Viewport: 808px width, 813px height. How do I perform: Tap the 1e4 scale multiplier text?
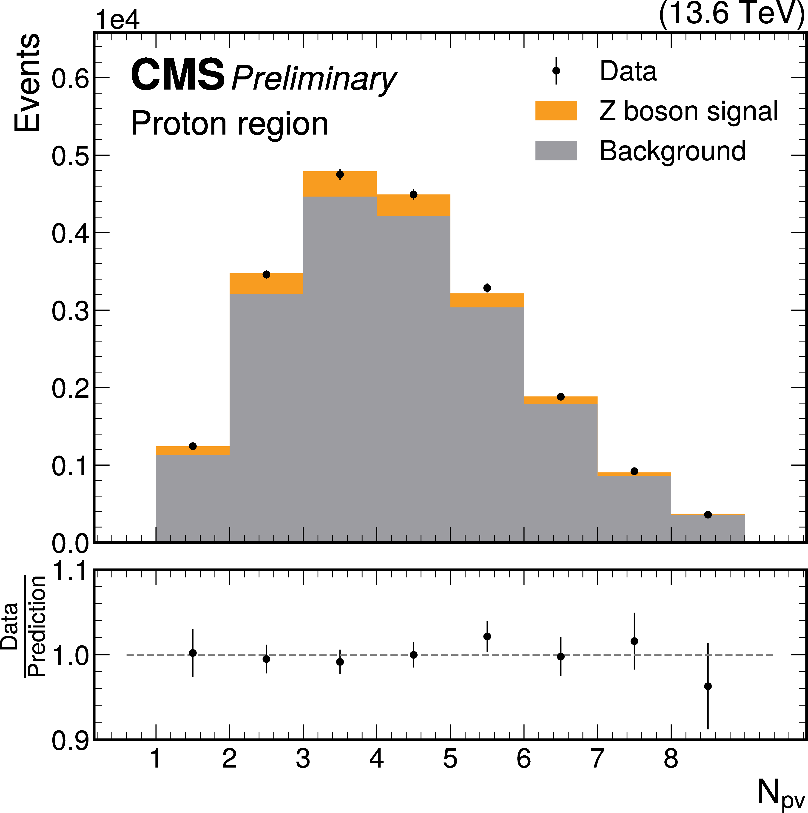pos(118,20)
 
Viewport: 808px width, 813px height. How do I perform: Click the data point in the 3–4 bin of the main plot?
pos(340,174)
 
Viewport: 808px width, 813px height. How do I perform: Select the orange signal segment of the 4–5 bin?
pos(413,205)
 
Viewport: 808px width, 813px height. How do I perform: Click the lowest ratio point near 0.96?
pos(708,686)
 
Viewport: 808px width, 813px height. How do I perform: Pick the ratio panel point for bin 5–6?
pos(487,636)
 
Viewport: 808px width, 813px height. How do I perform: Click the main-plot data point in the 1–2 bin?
pos(193,446)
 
